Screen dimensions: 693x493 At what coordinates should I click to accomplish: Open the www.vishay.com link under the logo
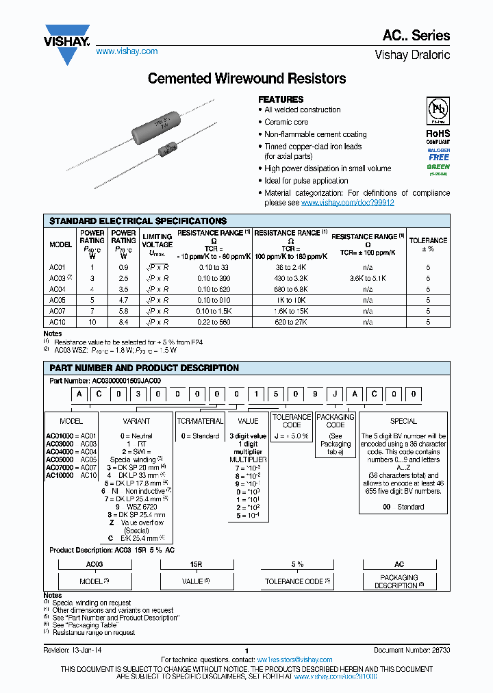[127, 51]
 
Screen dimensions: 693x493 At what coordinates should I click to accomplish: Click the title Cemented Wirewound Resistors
[246, 79]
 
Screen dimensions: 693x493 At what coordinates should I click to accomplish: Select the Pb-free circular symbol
[438, 111]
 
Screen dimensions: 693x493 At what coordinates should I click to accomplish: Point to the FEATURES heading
[281, 99]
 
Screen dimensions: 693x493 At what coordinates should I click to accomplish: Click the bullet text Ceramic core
[286, 122]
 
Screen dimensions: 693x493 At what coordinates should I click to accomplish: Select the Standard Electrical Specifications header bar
[246, 221]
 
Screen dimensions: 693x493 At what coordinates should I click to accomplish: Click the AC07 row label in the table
[58, 311]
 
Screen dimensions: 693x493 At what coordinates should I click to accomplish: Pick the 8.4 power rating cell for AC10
[123, 321]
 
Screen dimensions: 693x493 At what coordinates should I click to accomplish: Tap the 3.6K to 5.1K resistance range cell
[368, 279]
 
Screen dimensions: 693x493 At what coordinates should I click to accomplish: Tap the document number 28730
[435, 650]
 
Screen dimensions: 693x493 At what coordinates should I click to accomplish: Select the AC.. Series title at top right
[421, 36]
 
